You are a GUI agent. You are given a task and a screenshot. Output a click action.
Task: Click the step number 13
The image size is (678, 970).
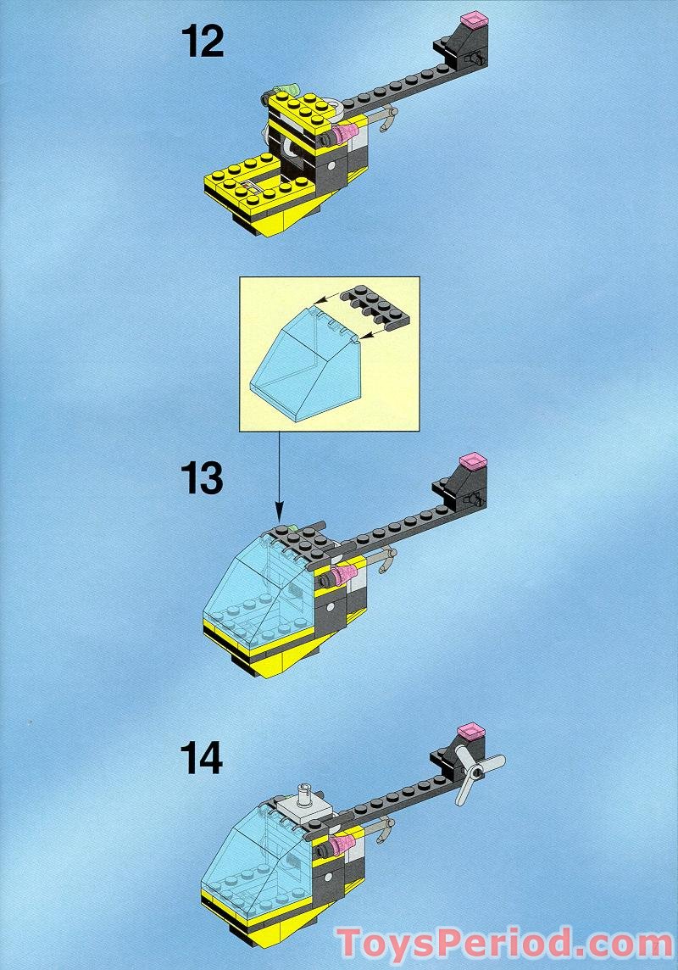pyautogui.click(x=202, y=479)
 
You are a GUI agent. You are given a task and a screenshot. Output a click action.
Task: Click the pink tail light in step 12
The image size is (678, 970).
pyautogui.click(x=475, y=19)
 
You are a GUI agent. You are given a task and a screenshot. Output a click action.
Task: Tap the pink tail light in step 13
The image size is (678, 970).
pyautogui.click(x=472, y=461)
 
